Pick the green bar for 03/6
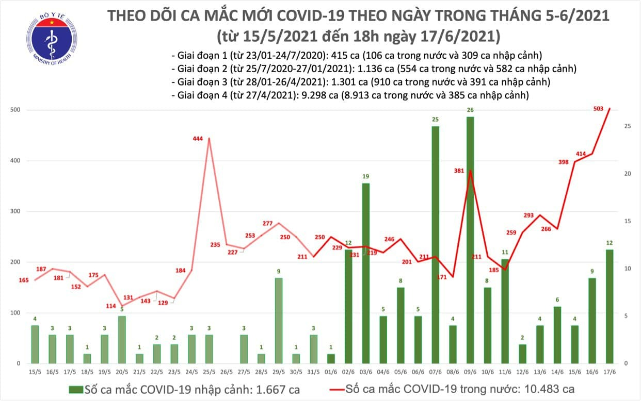(365, 273)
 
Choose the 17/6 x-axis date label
(610, 372)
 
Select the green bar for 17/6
(610, 307)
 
